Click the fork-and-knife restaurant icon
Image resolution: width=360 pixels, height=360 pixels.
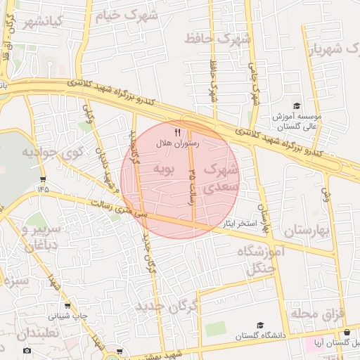[x=177, y=131]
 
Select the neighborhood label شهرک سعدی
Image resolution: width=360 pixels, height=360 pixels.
[x=221, y=179]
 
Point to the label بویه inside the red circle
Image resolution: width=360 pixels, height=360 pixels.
[x=162, y=169]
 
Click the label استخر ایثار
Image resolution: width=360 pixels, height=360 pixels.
[x=238, y=223]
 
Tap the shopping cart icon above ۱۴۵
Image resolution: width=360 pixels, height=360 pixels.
[x=43, y=179]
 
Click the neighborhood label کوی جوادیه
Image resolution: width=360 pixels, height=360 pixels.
[x=43, y=152]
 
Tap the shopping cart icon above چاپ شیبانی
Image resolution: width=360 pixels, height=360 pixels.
[x=67, y=306]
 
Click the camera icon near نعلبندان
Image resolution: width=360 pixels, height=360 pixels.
[x=27, y=350]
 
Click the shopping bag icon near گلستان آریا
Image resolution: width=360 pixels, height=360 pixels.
[x=346, y=333]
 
